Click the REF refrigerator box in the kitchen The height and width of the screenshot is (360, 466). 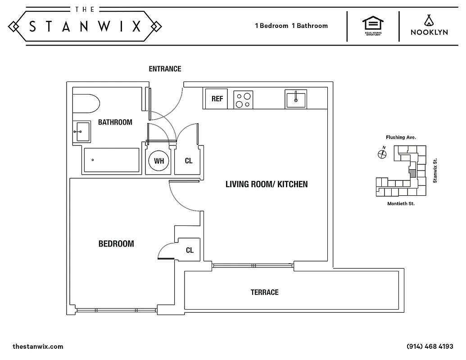pyautogui.click(x=217, y=99)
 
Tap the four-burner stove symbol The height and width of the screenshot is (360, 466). pyautogui.click(x=243, y=99)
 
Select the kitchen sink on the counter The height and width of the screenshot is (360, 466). pyautogui.click(x=295, y=99)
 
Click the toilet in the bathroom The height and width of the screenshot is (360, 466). pyautogui.click(x=86, y=104)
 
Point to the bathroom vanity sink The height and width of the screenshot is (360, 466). pyautogui.click(x=81, y=131)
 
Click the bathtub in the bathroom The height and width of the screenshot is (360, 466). pyautogui.click(x=112, y=160)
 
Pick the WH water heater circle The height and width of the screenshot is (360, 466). pyautogui.click(x=158, y=161)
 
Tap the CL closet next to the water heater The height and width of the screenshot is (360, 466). pyautogui.click(x=189, y=161)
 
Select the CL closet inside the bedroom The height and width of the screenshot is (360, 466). pyautogui.click(x=190, y=250)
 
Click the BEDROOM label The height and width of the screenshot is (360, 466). pyautogui.click(x=116, y=244)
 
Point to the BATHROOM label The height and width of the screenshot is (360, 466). pyautogui.click(x=115, y=122)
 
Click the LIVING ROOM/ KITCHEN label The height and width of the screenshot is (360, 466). pyautogui.click(x=267, y=184)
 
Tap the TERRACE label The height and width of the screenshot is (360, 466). pyautogui.click(x=264, y=292)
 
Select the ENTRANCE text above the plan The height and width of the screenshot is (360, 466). pyautogui.click(x=165, y=69)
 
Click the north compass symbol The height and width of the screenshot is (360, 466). pyautogui.click(x=382, y=154)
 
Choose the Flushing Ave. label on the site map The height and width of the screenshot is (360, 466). pyautogui.click(x=400, y=137)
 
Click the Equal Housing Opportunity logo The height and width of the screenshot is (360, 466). pyautogui.click(x=373, y=26)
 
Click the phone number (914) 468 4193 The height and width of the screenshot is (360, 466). pyautogui.click(x=430, y=346)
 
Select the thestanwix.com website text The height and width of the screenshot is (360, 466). pyautogui.click(x=38, y=346)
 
